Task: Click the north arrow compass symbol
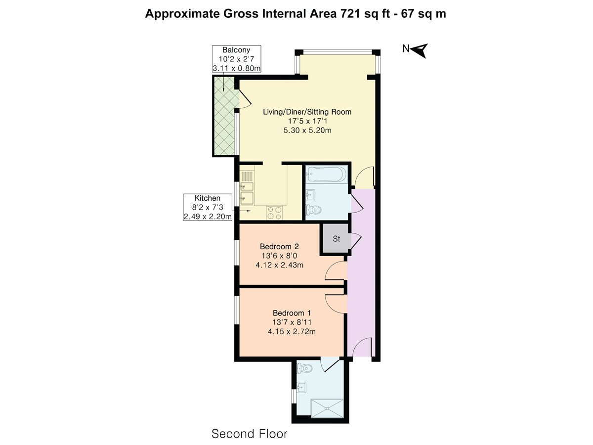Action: tap(418, 49)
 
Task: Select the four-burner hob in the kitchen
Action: tap(275, 212)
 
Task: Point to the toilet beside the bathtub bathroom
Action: tap(314, 211)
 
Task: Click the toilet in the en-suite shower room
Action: tap(305, 368)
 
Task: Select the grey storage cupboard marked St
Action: tap(336, 239)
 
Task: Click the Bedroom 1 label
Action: tap(292, 313)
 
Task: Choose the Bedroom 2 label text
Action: tap(279, 246)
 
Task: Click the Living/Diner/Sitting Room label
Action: tap(307, 112)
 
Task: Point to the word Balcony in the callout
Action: tap(236, 50)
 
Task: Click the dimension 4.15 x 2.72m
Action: tap(292, 331)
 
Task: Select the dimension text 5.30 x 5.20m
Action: tap(307, 131)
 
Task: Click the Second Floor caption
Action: tap(249, 434)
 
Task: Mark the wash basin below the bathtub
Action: tap(311, 194)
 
